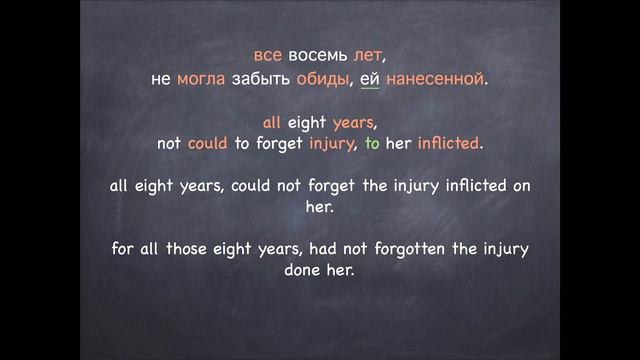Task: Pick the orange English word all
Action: point(273,123)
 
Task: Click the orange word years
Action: point(351,123)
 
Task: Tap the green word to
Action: point(372,146)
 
